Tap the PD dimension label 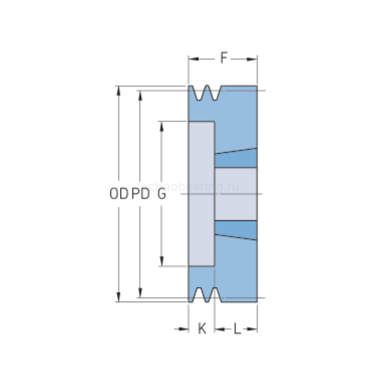(x=140, y=194)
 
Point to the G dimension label (x=161, y=194)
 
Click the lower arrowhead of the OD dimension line (x=118, y=298)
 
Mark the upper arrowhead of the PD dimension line (x=140, y=94)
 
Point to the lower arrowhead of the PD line (x=140, y=293)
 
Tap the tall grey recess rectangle (x=202, y=193)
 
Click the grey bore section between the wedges (x=236, y=194)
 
